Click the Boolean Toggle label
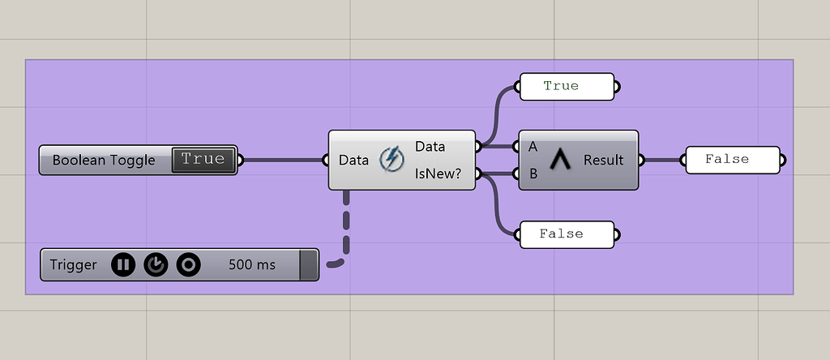(104, 161)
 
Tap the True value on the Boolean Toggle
(203, 160)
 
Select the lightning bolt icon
(391, 159)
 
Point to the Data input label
(354, 160)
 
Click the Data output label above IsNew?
(430, 147)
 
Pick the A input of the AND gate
(533, 147)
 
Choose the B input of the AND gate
(533, 173)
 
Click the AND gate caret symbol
(559, 160)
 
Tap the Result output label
(603, 160)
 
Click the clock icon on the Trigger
(156, 264)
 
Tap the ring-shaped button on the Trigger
(188, 264)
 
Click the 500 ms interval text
(252, 264)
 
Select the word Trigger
(73, 264)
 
